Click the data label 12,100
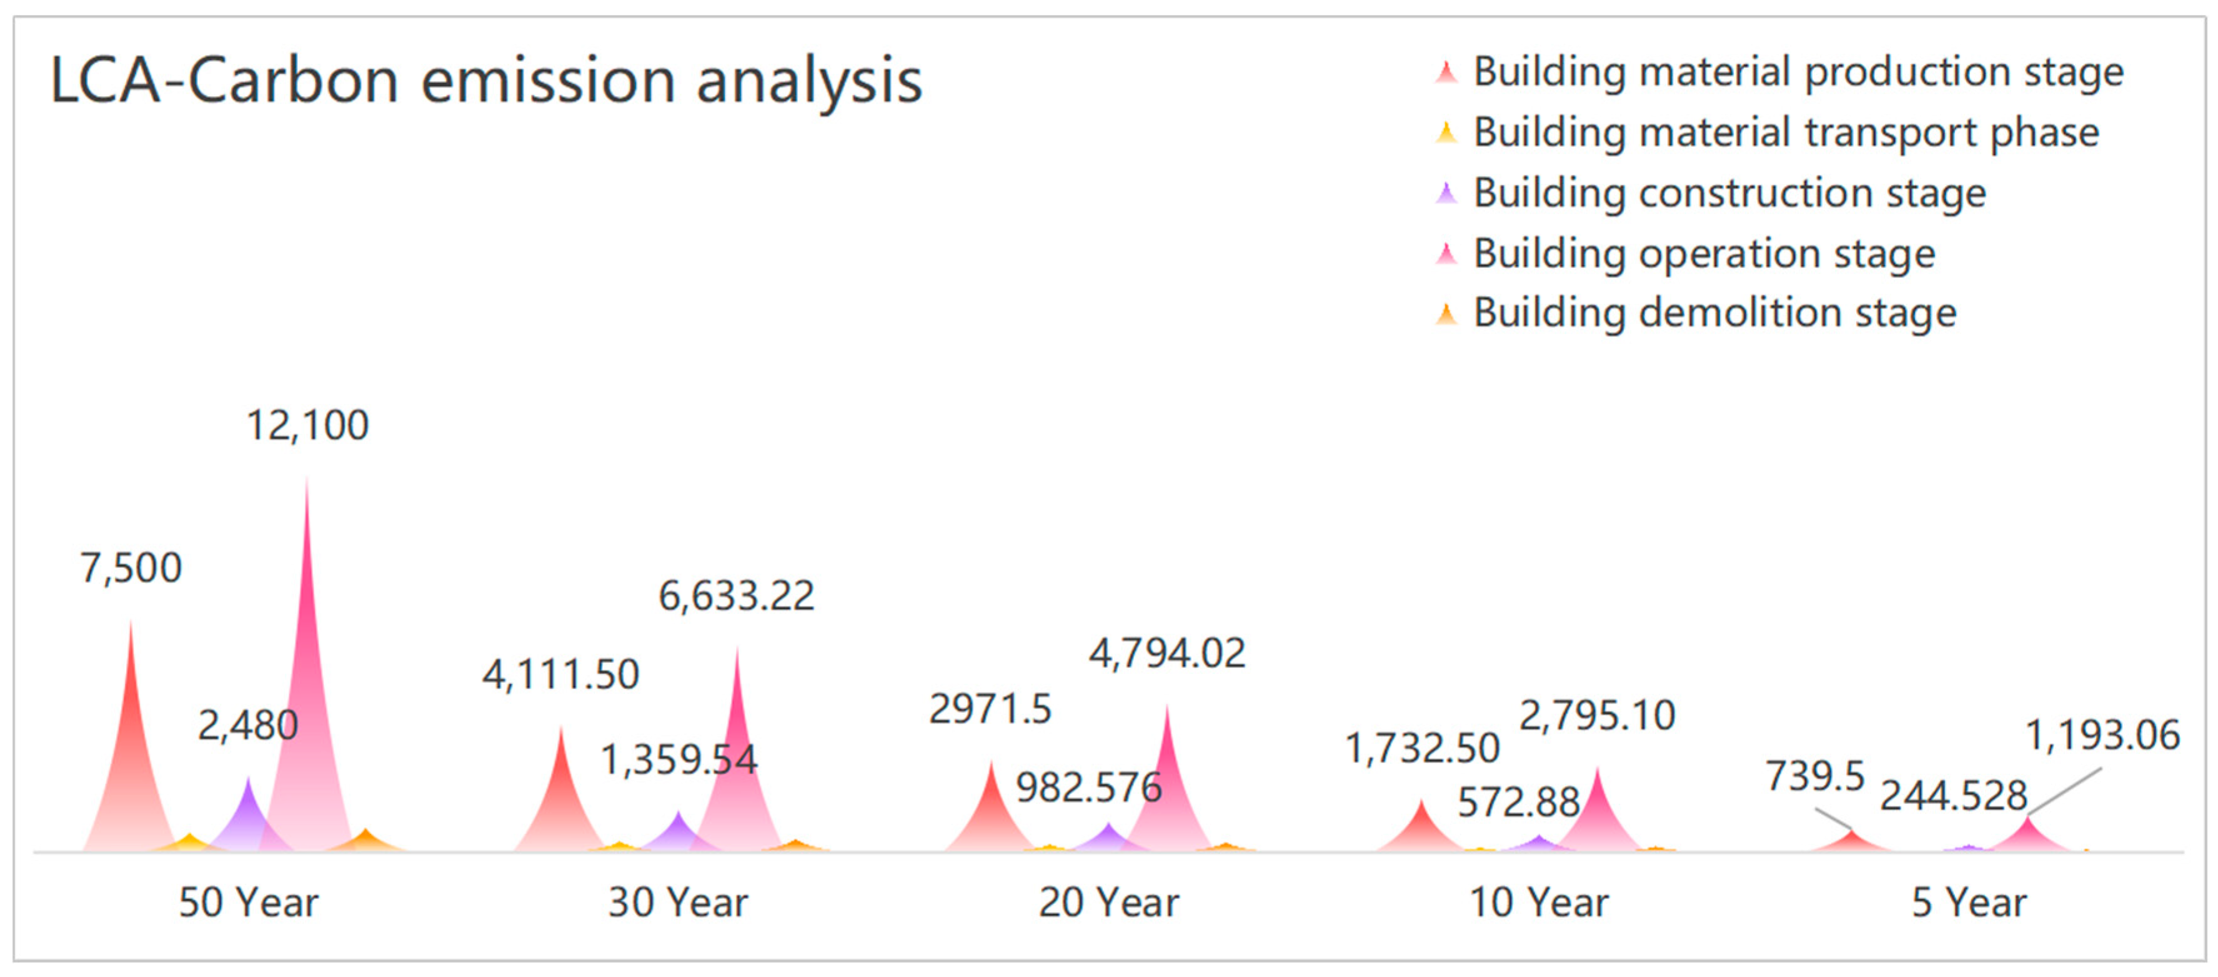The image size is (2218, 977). (307, 425)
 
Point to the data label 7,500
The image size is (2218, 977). (131, 568)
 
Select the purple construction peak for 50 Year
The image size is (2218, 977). (248, 818)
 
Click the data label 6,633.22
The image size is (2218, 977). (736, 596)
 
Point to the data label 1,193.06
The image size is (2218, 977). (2102, 735)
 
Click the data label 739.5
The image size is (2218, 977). (1814, 776)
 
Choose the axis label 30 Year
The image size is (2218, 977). (678, 902)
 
